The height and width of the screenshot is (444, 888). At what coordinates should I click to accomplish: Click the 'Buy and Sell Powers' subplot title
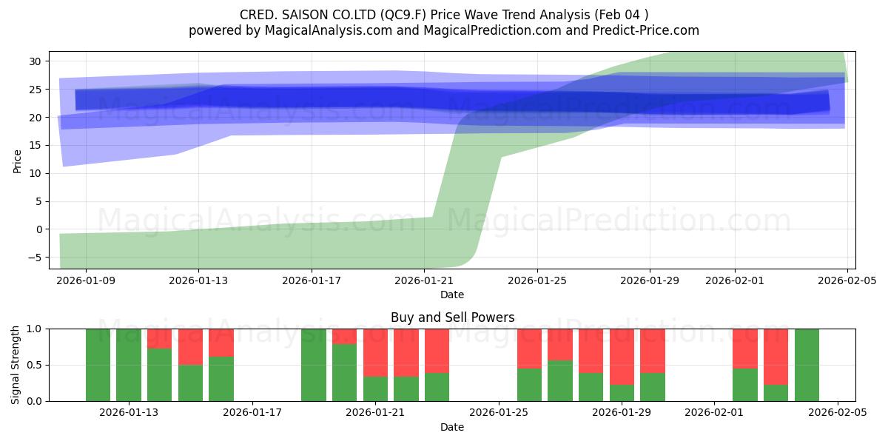click(x=452, y=317)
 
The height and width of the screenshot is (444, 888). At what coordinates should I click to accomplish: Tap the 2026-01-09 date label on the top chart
click(x=85, y=280)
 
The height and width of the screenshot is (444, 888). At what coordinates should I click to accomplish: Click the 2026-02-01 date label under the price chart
click(x=734, y=280)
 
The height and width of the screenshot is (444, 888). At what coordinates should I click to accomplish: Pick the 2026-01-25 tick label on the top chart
click(x=536, y=280)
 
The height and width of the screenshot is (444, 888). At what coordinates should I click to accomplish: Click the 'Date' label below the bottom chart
click(x=452, y=427)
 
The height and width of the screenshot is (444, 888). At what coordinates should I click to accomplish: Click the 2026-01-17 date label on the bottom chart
click(x=252, y=413)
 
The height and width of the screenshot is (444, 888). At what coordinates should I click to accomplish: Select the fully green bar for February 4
click(x=807, y=365)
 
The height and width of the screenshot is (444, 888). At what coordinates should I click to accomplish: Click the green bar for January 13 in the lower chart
click(x=129, y=365)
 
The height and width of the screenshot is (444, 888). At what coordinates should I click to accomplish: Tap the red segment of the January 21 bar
click(x=375, y=353)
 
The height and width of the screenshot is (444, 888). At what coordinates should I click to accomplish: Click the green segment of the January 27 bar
click(x=560, y=380)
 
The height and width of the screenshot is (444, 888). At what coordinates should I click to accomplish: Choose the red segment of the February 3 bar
click(x=776, y=357)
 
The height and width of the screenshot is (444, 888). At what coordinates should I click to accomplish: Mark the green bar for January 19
click(x=313, y=365)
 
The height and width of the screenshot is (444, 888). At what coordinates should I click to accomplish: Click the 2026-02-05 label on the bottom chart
click(x=837, y=413)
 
